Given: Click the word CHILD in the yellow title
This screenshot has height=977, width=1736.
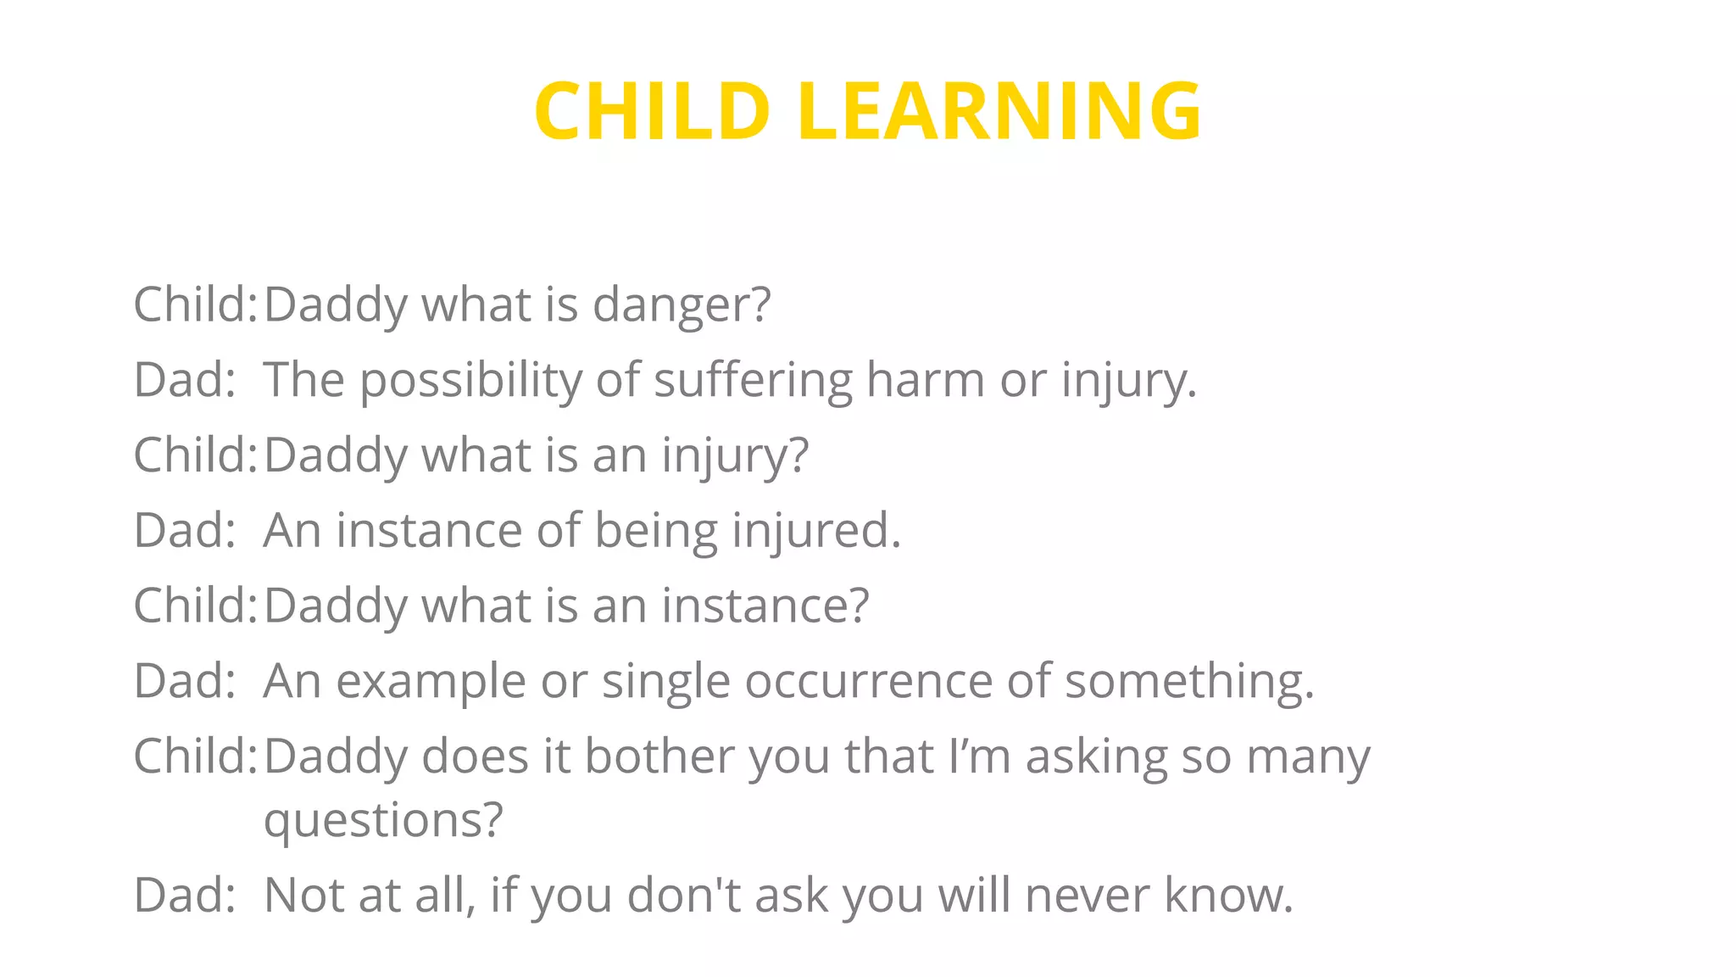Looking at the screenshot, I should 651,111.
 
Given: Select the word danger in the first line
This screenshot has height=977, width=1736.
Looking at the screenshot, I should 682,305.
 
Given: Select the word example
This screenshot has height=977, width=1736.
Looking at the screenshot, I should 431,681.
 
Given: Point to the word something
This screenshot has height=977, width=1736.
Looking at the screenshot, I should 1189,681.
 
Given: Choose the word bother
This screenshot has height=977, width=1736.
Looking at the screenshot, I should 659,756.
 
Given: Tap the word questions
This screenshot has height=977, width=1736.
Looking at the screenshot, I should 383,820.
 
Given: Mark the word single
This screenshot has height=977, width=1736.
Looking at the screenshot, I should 665,681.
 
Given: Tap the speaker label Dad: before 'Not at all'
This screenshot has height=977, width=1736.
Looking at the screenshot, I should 184,896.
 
